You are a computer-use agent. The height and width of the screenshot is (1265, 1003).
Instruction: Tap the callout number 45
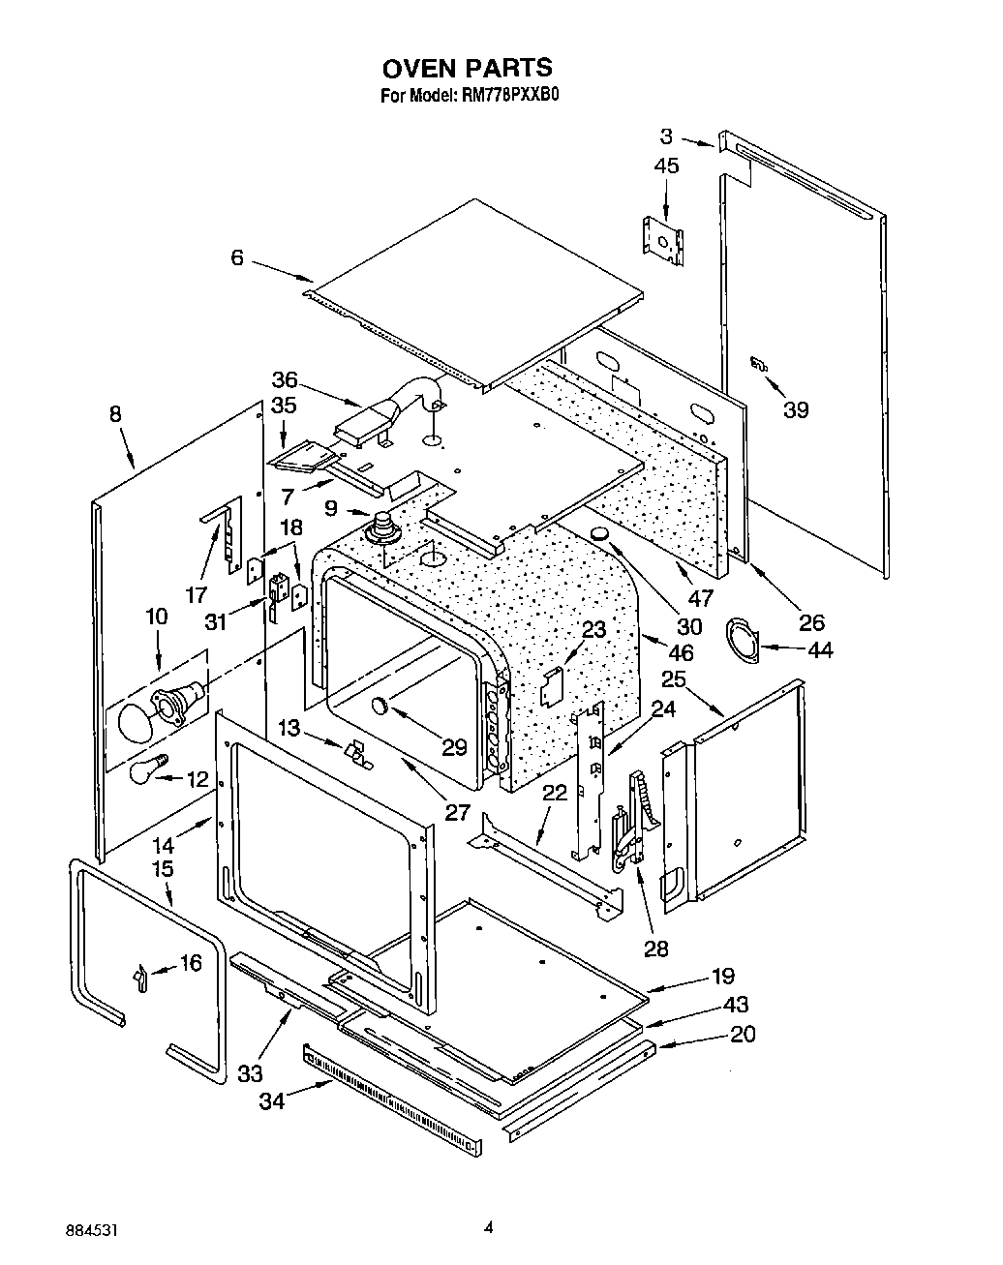coord(666,166)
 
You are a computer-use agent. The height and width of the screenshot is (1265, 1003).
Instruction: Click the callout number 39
coord(795,409)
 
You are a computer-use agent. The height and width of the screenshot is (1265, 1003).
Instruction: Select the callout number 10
coord(156,617)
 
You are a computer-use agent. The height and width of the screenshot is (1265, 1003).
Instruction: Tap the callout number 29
coord(453,746)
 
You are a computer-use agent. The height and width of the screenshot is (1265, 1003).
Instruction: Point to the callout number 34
coord(272,1100)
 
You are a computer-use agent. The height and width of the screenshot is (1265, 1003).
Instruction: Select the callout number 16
coord(191,963)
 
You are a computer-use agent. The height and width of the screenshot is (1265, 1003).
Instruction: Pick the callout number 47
coord(699,597)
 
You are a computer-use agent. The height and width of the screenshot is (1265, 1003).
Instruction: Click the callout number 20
coord(743,1034)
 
